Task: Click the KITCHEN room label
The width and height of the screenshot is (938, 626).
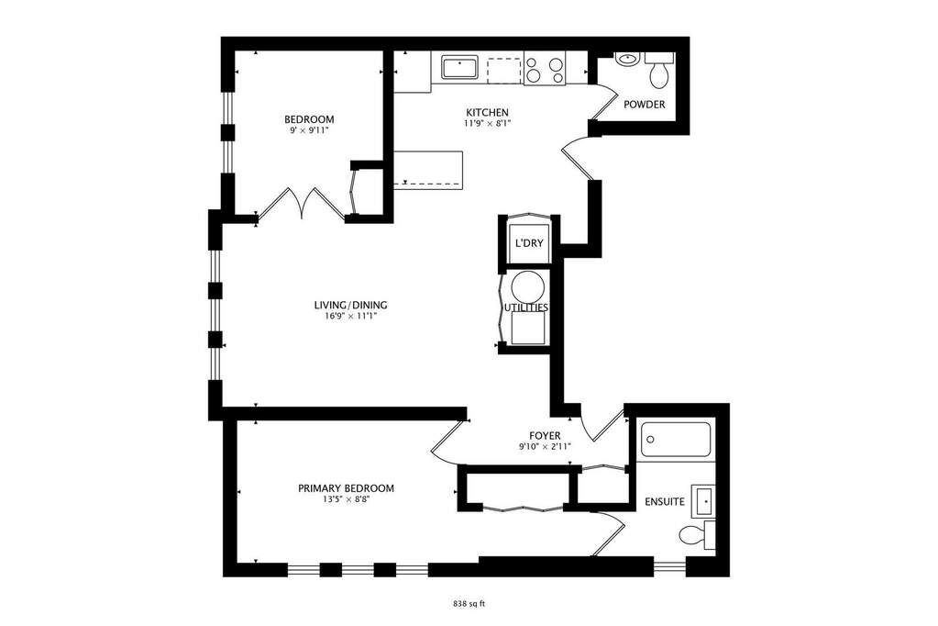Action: point(487,113)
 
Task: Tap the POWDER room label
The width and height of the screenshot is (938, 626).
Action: point(645,105)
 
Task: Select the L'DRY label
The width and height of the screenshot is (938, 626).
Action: point(529,243)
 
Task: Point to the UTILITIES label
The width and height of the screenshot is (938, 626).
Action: point(525,307)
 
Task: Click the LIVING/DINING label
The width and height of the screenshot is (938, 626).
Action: point(350,305)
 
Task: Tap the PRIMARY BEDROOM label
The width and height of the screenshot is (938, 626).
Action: point(346,488)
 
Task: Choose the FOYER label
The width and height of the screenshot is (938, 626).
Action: point(545,435)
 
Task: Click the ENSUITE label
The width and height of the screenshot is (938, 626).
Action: point(665,501)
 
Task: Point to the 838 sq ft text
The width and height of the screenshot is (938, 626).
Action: point(469,604)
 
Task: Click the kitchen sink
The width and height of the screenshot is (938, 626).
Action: point(459,67)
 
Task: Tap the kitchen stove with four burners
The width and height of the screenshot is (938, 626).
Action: point(545,69)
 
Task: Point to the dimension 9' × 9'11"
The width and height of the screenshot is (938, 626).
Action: point(309,129)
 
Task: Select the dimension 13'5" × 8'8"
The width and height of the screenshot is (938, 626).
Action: point(346,499)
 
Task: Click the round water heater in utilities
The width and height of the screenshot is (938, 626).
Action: point(528,286)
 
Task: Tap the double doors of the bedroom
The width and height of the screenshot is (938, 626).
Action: point(302,204)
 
